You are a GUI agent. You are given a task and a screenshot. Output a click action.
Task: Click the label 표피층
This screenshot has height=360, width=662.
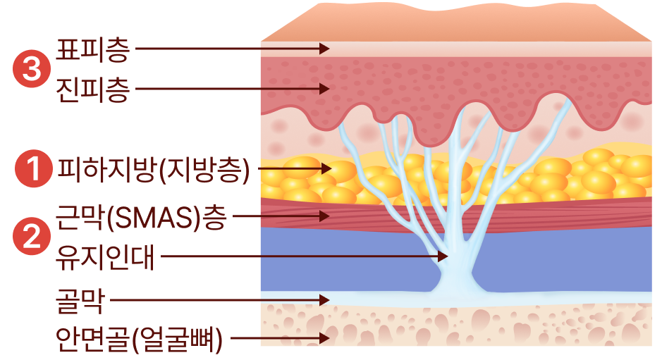tap(92, 49)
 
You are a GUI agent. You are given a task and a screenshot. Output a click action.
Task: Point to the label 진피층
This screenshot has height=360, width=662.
tap(92, 90)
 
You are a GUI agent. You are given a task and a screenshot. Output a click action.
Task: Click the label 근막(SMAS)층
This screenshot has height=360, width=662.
tap(141, 216)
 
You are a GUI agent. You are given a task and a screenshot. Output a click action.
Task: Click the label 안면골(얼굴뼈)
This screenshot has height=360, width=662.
tap(139, 340)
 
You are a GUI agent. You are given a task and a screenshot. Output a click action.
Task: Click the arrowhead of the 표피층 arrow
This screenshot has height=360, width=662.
tap(325, 49)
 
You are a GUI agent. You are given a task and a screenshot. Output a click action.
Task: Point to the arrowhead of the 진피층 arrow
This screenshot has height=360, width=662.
tap(325, 89)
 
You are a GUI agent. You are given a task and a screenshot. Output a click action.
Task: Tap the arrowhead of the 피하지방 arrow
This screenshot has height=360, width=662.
tap(326, 168)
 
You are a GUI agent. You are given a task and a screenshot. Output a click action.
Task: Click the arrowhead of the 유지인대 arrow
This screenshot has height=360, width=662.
tap(443, 256)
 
